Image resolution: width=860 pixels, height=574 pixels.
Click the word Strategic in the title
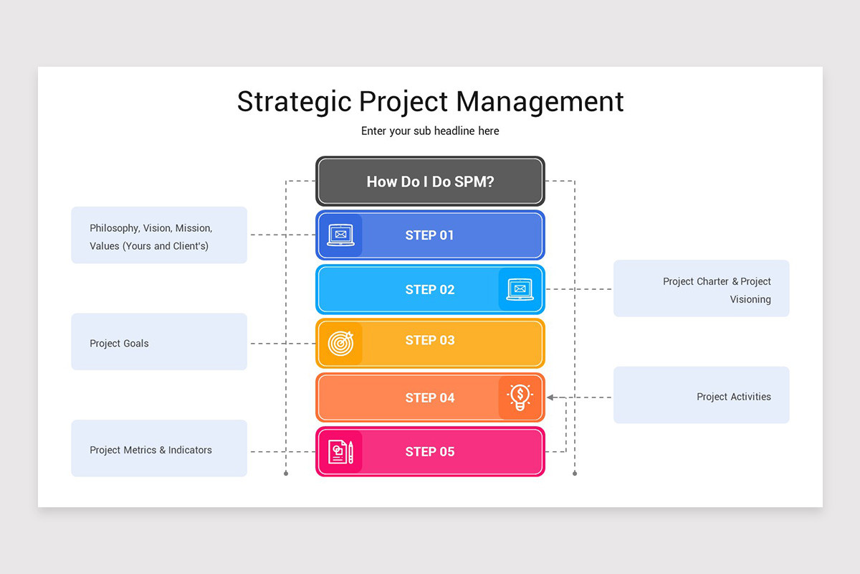click(x=294, y=101)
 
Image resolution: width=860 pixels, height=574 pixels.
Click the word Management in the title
click(x=540, y=101)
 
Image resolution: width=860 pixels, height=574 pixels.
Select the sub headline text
click(x=430, y=131)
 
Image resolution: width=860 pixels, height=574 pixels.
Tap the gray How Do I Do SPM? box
click(x=430, y=182)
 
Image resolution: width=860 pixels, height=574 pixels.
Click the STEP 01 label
click(x=429, y=235)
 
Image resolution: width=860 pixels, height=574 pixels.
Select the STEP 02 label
click(x=429, y=290)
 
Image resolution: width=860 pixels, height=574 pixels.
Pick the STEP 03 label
click(x=429, y=340)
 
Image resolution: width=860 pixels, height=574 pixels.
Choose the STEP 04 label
click(x=429, y=397)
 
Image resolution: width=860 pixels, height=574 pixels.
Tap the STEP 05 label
click(x=429, y=451)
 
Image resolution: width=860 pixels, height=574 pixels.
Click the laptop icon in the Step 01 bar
click(x=340, y=235)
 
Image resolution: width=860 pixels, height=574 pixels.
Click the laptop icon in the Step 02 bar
click(x=520, y=289)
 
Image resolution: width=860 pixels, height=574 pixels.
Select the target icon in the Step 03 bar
click(x=340, y=343)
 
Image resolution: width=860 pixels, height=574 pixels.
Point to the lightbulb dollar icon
click(x=520, y=397)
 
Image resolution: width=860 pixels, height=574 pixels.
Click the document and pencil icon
click(x=340, y=451)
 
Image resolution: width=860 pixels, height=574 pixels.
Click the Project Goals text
click(x=119, y=344)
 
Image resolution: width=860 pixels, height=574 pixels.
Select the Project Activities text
click(x=734, y=397)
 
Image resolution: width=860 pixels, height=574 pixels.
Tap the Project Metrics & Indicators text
click(x=150, y=451)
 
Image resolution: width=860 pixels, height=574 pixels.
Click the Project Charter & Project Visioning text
click(x=717, y=291)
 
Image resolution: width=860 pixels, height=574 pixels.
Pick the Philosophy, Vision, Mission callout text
click(x=150, y=237)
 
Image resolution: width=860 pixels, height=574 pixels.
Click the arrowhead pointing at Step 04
click(x=550, y=397)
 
